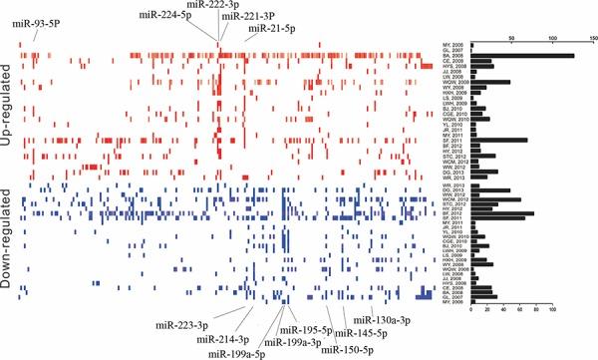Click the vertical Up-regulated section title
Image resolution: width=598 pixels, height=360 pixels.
click(9, 105)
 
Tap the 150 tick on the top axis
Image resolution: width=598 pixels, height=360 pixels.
click(593, 40)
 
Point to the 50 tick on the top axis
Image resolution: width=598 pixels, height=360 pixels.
click(510, 40)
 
